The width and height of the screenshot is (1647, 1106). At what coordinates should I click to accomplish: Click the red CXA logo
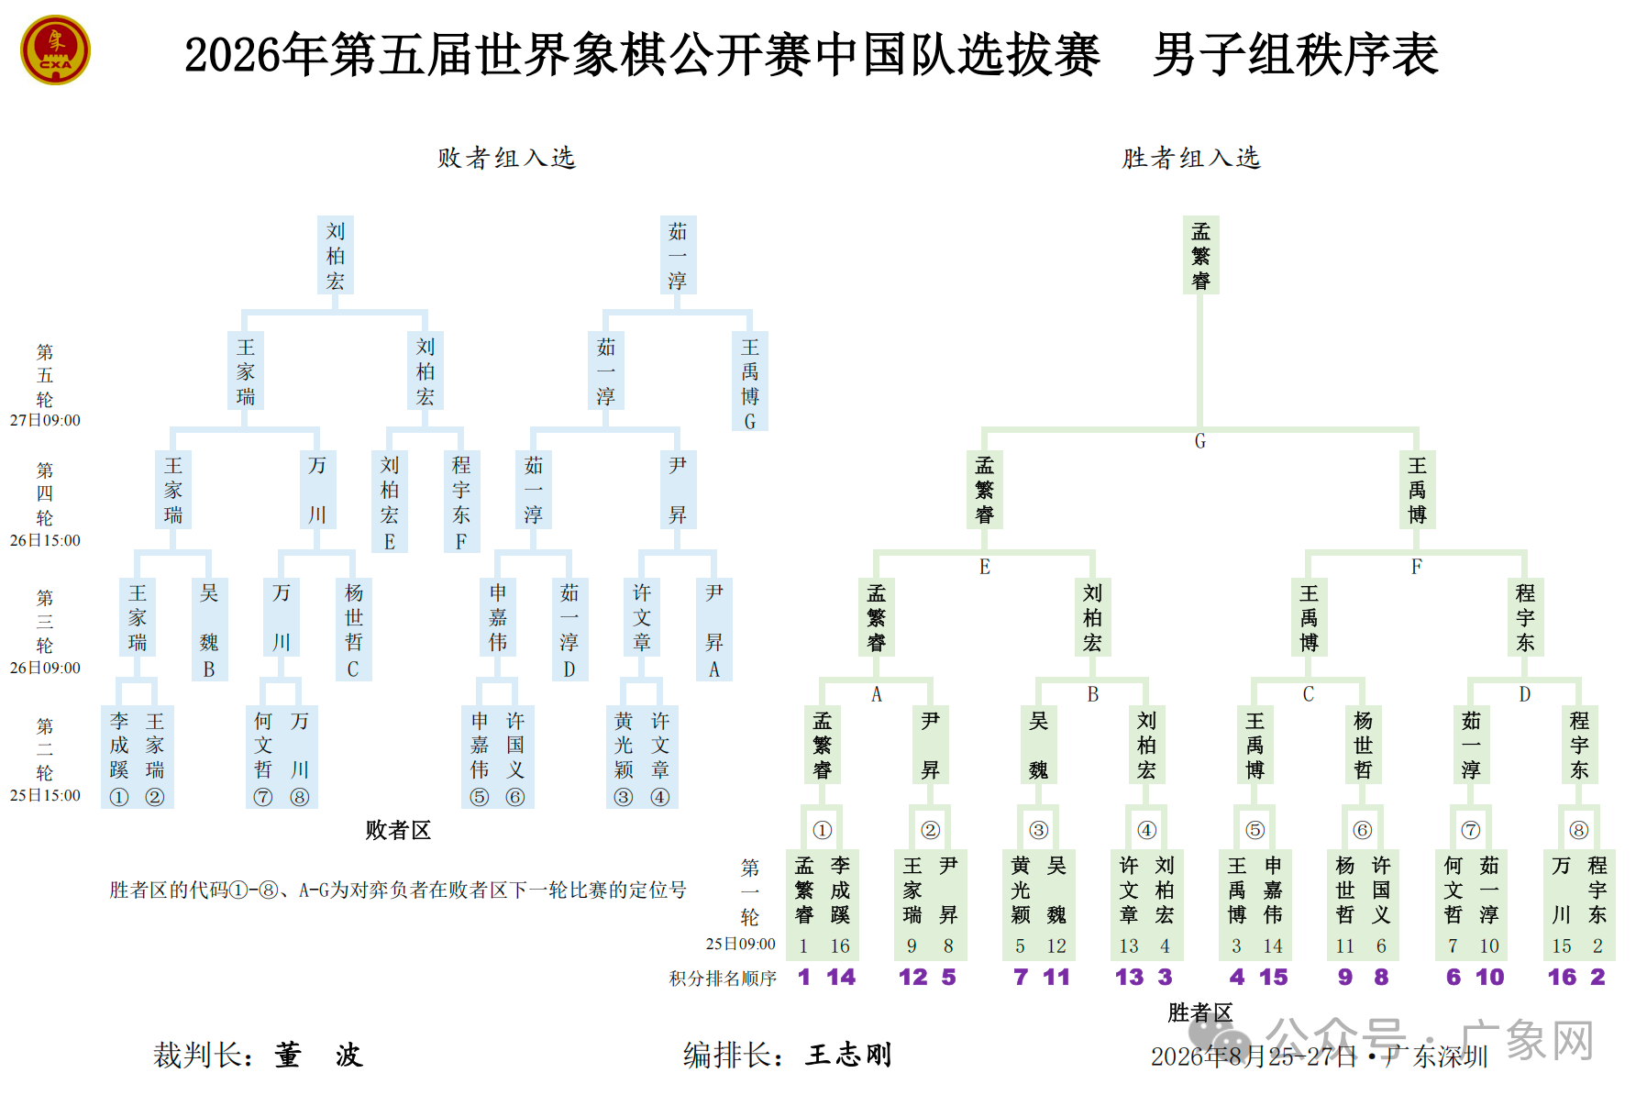click(x=55, y=50)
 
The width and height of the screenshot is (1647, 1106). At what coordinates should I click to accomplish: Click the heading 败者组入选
click(x=506, y=158)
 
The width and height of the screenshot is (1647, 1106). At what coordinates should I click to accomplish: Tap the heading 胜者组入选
click(x=1191, y=158)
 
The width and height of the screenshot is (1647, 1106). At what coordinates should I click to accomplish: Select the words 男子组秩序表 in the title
click(x=1296, y=54)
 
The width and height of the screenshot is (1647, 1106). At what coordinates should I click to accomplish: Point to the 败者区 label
click(x=398, y=830)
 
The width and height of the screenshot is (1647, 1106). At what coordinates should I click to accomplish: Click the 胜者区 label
click(x=1200, y=1012)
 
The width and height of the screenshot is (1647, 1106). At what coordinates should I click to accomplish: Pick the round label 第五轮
click(x=45, y=376)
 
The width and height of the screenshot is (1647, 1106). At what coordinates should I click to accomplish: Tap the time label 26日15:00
click(x=45, y=540)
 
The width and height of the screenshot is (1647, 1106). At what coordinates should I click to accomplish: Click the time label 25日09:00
click(x=740, y=944)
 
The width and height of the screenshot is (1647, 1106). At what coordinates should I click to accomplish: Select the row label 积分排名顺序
click(x=723, y=979)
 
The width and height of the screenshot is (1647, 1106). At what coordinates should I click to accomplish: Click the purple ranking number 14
click(x=841, y=977)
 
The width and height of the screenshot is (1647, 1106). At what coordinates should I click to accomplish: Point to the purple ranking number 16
click(x=1562, y=977)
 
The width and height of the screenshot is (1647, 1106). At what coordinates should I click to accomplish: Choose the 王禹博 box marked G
click(x=750, y=382)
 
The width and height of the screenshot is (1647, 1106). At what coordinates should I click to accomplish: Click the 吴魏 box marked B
click(x=209, y=629)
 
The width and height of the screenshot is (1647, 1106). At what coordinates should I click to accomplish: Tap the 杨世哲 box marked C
click(x=354, y=629)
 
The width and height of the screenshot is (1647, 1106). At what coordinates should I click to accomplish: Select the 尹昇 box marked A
click(x=714, y=629)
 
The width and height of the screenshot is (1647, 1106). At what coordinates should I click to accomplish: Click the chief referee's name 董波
click(x=318, y=1055)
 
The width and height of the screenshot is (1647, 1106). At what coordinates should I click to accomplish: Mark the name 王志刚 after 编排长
click(x=848, y=1055)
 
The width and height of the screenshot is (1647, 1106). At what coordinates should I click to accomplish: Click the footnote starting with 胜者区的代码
click(x=398, y=890)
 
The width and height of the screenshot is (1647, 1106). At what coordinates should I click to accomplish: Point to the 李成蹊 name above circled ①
click(x=119, y=745)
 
